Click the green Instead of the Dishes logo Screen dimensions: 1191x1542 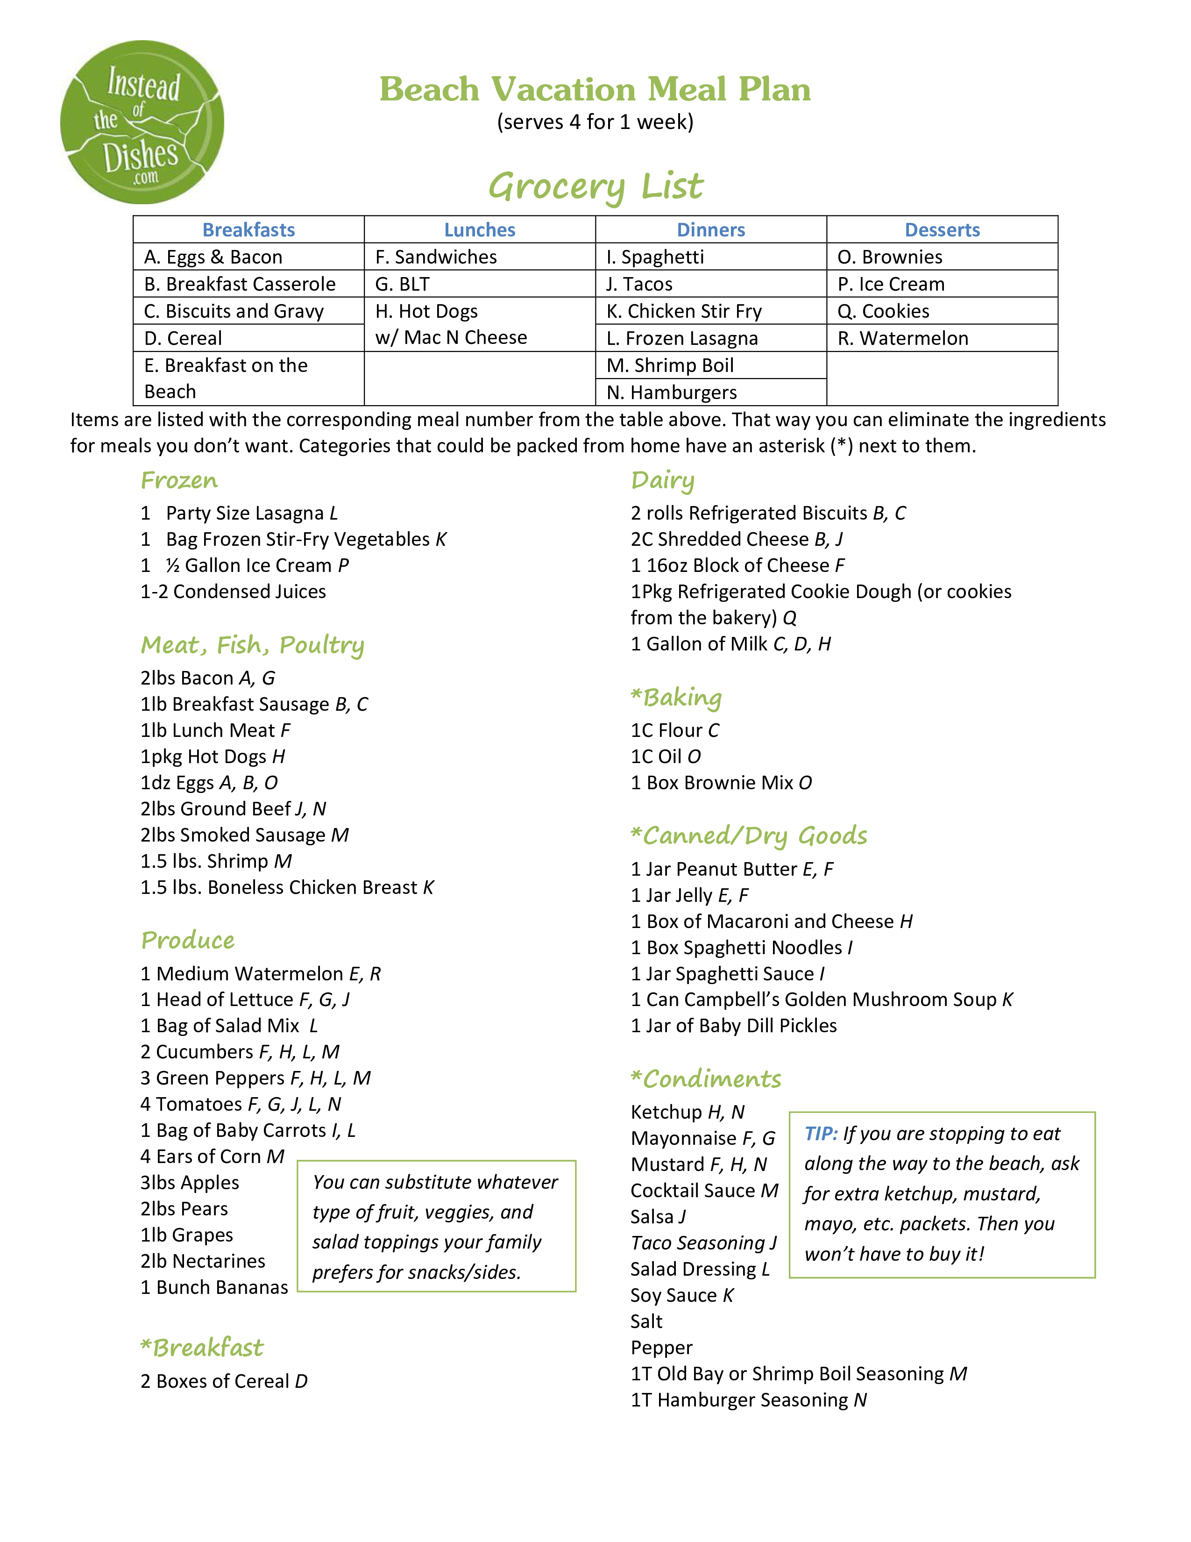tap(142, 122)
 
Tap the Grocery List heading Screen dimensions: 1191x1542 tap(595, 187)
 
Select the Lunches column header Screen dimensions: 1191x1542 tap(480, 230)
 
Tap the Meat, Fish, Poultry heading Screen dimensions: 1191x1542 tap(253, 645)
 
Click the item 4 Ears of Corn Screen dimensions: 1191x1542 tap(212, 1156)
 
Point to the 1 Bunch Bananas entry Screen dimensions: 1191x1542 tap(214, 1288)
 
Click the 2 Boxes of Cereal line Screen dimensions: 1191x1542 tap(224, 1381)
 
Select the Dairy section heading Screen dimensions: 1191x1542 tap(663, 481)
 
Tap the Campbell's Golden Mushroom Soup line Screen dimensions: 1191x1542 tap(821, 1000)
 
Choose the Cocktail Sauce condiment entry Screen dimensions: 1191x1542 tap(704, 1191)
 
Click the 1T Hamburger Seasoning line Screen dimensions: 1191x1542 tap(749, 1400)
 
